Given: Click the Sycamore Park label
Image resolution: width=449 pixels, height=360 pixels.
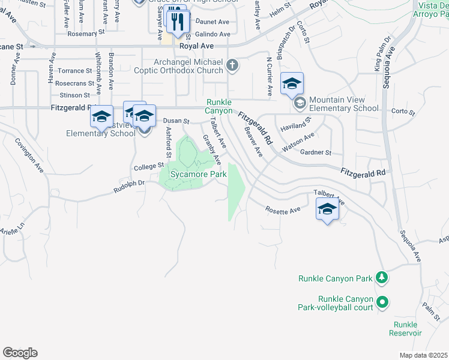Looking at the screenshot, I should [197, 174].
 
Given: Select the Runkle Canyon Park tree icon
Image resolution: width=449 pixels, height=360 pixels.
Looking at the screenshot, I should [381, 277].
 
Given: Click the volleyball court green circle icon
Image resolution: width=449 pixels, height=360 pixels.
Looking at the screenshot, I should [381, 303].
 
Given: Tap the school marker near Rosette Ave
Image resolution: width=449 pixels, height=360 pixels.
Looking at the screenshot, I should [327, 209].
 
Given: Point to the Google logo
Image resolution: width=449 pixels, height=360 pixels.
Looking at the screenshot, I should [20, 352].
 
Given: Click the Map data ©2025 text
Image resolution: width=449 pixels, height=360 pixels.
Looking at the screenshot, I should [423, 355].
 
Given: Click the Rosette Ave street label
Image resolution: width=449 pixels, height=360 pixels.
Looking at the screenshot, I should [283, 210].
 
